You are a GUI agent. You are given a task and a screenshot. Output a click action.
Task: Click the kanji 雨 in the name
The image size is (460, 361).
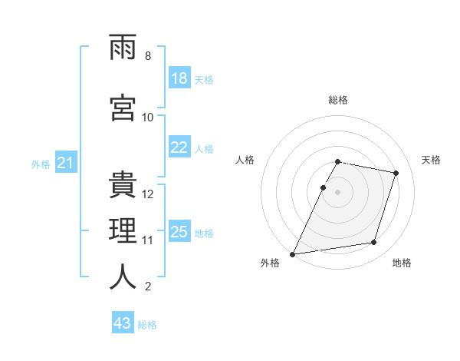[123, 47]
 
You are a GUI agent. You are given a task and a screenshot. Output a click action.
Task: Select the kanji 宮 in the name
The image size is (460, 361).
[123, 108]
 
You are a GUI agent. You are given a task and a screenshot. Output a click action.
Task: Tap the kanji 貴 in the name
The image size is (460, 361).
[123, 184]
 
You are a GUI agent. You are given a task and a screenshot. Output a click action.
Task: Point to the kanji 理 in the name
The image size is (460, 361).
[123, 230]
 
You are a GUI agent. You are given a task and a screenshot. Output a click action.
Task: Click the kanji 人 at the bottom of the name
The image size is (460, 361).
[123, 277]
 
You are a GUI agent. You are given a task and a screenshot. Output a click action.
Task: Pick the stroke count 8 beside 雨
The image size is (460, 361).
[148, 56]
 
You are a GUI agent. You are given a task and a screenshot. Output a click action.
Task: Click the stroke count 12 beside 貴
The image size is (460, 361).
[147, 194]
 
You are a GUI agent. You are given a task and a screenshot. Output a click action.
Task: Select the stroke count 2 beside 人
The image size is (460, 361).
[148, 286]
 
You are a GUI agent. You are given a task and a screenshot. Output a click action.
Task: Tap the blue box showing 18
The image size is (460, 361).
[180, 78]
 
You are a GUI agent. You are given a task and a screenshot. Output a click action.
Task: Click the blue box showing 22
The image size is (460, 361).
[180, 147]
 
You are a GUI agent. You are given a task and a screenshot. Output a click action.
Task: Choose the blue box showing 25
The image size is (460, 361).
[180, 230]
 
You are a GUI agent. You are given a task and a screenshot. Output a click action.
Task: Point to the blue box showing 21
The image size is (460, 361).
[66, 162]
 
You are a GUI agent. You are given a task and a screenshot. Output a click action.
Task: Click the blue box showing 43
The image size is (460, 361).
[123, 322]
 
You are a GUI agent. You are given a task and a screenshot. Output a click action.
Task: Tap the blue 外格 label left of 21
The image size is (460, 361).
[41, 164]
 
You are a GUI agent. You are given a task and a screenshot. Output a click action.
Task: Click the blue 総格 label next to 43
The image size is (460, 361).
[147, 325]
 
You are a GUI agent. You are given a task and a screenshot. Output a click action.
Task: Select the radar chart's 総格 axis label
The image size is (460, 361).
[338, 100]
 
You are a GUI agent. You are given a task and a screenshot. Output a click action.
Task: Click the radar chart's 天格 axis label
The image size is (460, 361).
[431, 160]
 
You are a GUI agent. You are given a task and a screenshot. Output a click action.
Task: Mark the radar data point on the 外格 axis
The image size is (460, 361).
[293, 254]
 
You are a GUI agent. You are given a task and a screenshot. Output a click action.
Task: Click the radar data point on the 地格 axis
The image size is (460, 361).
[374, 242]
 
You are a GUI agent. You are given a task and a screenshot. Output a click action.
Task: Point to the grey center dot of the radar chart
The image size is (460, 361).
[337, 192]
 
